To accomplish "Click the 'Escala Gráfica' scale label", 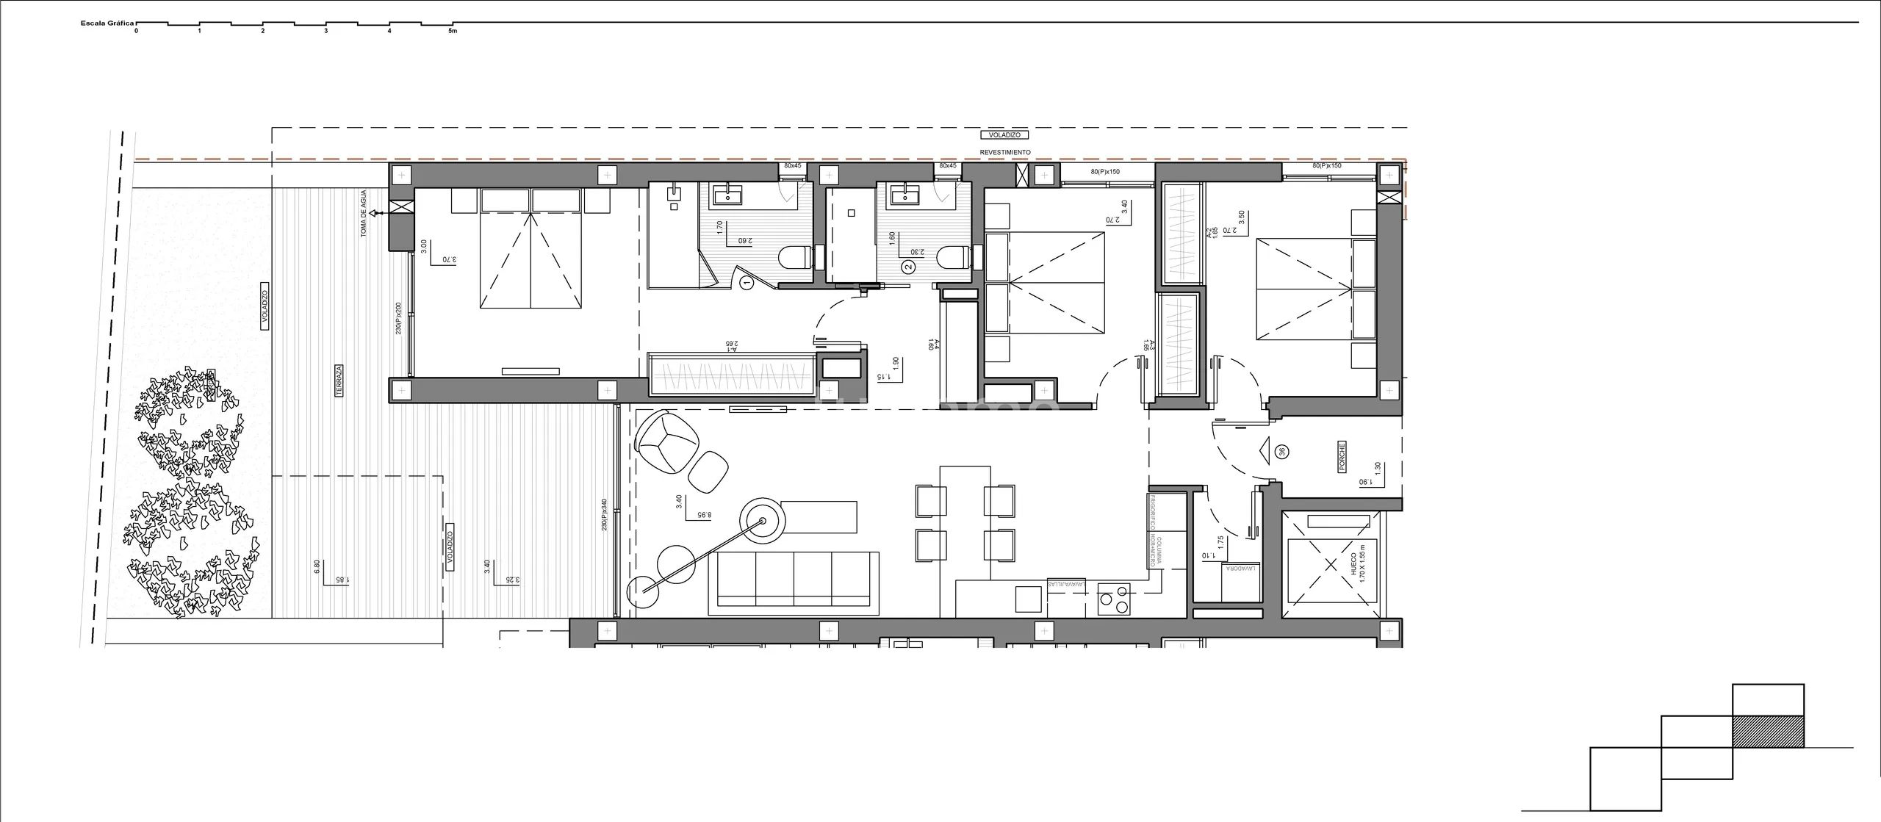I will tap(107, 24).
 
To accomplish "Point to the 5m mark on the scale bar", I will tap(453, 30).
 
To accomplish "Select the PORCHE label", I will tap(1342, 455).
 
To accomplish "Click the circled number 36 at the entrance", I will tap(1283, 451).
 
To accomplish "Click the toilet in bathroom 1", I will tap(794, 257).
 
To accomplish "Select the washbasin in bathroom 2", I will tap(902, 197).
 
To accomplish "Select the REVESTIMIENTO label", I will tap(1005, 152).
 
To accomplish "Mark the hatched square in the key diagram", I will tap(1768, 732).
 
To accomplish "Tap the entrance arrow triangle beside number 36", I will tap(1265, 450).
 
